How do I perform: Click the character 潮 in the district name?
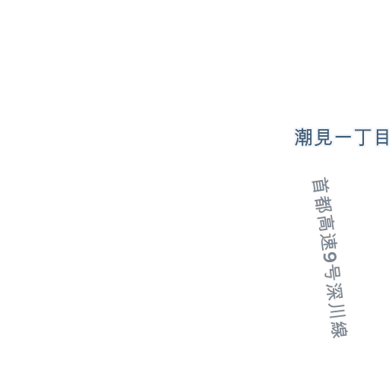(x=303, y=137)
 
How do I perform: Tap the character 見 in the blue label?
(x=323, y=137)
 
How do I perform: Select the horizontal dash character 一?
(x=343, y=137)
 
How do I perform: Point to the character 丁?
(x=363, y=137)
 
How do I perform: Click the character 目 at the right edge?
(x=382, y=137)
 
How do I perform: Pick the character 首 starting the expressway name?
(x=321, y=185)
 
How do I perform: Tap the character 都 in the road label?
(x=324, y=204)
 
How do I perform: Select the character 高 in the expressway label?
(x=326, y=223)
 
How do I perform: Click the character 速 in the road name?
(x=329, y=242)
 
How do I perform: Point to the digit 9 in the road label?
(x=330, y=258)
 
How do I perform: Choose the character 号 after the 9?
(x=333, y=273)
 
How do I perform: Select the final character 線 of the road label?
(x=340, y=329)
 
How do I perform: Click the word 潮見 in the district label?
(x=313, y=137)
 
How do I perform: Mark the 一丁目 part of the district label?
(x=362, y=137)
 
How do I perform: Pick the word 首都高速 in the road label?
(x=324, y=213)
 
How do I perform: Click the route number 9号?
(x=332, y=267)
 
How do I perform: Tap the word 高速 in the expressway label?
(x=327, y=232)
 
